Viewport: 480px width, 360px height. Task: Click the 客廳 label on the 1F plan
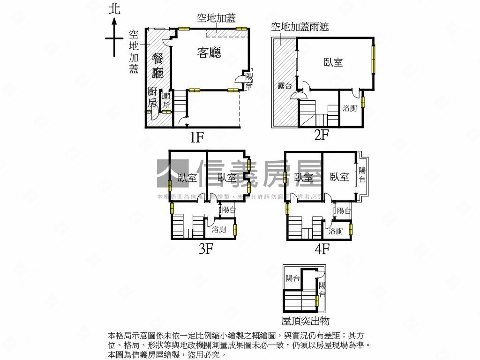coord(209,52)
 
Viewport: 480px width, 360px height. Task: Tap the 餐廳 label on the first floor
coord(158,66)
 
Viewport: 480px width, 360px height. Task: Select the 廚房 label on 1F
coord(152,97)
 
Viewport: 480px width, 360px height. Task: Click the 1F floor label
coord(196,137)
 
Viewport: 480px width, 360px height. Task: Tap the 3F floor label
coord(206,248)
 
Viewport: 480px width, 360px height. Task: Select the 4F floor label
coord(322,248)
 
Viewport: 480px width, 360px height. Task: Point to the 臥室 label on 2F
coord(333,62)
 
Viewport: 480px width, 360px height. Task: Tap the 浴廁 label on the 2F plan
coord(350,108)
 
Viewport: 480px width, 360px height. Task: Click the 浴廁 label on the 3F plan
coord(219,230)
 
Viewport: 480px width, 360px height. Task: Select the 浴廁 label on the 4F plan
coord(335,231)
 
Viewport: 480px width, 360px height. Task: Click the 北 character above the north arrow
coord(114,9)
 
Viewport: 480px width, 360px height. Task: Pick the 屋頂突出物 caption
coord(306,321)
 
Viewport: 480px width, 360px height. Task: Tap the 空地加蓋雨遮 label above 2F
coord(300,26)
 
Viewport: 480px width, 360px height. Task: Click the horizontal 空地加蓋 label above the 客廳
coord(216,18)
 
